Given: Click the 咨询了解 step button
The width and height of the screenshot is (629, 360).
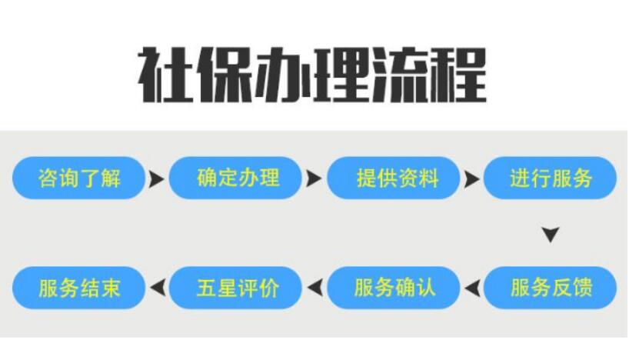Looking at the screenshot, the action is pyautogui.click(x=78, y=178).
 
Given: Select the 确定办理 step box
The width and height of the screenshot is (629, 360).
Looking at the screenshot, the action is pyautogui.click(x=235, y=178).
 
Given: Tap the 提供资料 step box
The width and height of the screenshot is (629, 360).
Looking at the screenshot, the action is pyautogui.click(x=393, y=178).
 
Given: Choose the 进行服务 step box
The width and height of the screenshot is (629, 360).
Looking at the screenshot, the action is pyautogui.click(x=550, y=178).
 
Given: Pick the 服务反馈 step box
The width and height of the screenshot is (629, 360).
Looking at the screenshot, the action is pyautogui.click(x=550, y=288).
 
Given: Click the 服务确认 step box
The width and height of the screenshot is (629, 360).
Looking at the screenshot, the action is pyautogui.click(x=393, y=288).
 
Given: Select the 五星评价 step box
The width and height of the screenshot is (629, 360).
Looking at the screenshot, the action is pyautogui.click(x=235, y=288).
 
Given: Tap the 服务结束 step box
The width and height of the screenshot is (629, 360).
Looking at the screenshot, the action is pyautogui.click(x=78, y=288).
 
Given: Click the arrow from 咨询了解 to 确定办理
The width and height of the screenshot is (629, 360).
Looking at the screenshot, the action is pyautogui.click(x=156, y=179).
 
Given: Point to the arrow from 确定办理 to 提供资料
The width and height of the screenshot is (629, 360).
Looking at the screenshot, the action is pyautogui.click(x=314, y=179).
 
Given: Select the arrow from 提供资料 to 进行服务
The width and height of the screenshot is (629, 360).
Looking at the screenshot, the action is pyautogui.click(x=472, y=179).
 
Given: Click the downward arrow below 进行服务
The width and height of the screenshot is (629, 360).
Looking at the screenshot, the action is pyautogui.click(x=551, y=235).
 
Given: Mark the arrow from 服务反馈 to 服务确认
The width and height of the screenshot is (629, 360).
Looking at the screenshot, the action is pyautogui.click(x=472, y=288).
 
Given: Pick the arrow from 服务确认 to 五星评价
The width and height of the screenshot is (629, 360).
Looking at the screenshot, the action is pyautogui.click(x=314, y=288).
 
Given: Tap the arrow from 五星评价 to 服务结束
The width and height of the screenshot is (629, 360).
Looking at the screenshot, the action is pyautogui.click(x=158, y=288).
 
